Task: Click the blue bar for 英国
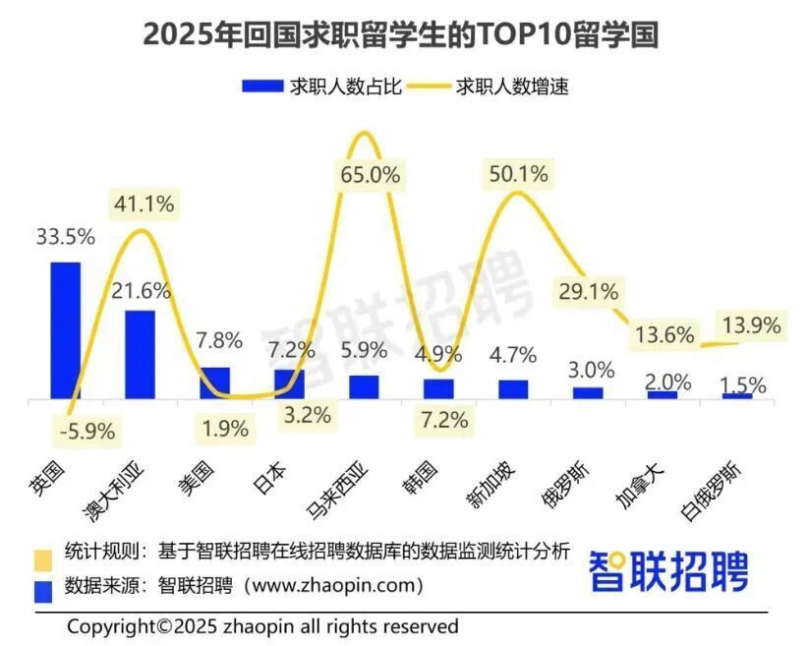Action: [x=65, y=330]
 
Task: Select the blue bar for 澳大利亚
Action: [x=140, y=355]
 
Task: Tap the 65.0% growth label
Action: [x=371, y=176]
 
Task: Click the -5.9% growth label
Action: [x=87, y=430]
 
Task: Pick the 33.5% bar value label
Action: [x=65, y=238]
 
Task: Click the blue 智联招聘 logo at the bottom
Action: [x=668, y=571]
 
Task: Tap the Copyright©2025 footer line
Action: [x=262, y=626]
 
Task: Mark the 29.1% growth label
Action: [x=589, y=291]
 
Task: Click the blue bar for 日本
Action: [x=289, y=384]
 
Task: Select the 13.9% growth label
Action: [x=750, y=324]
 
